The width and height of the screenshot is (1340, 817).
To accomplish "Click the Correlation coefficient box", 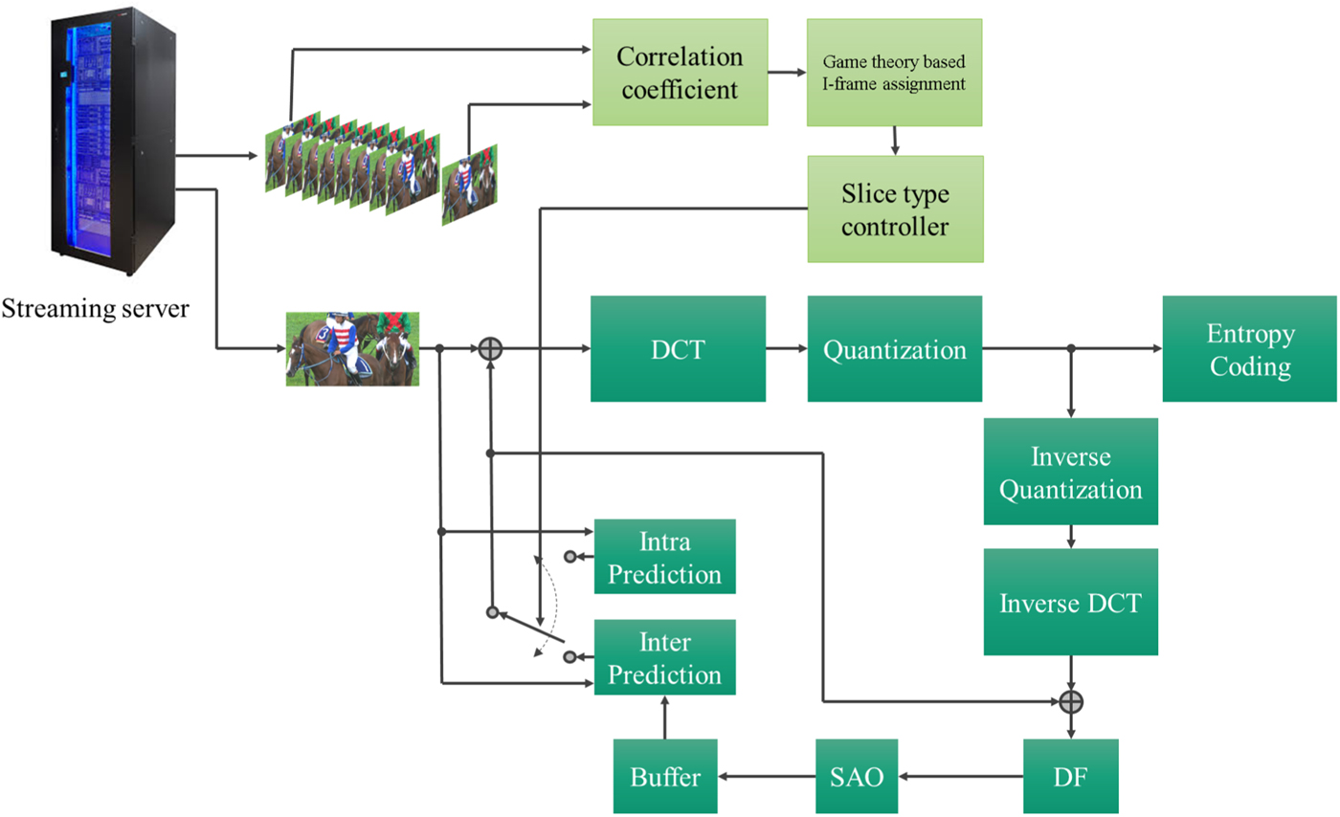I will click(x=680, y=71).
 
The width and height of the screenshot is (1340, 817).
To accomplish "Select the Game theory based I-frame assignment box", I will click(x=894, y=71).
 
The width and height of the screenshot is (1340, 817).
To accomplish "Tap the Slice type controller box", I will click(x=894, y=209).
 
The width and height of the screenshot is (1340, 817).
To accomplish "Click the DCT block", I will click(x=678, y=348).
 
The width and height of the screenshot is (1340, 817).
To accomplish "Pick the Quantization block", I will click(x=894, y=348).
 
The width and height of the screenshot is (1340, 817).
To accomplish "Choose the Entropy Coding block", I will click(x=1250, y=348).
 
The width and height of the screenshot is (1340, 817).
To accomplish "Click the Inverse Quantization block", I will click(x=1070, y=471).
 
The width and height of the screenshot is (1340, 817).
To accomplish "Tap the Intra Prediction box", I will click(x=665, y=557).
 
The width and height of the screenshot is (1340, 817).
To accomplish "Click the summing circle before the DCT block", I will click(x=490, y=349).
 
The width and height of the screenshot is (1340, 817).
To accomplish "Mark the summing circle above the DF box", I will click(x=1071, y=702).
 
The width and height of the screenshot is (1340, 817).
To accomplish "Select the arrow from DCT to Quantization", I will click(x=786, y=349).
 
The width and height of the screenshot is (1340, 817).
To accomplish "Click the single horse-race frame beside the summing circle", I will click(x=353, y=348).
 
